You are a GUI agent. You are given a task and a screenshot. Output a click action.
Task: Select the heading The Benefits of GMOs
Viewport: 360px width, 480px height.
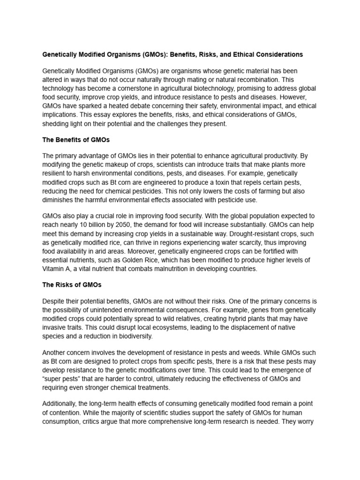pyautogui.click(x=75, y=140)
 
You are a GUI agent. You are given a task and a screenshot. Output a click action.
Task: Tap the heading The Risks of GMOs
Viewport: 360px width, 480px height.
pyautogui.click(x=72, y=285)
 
